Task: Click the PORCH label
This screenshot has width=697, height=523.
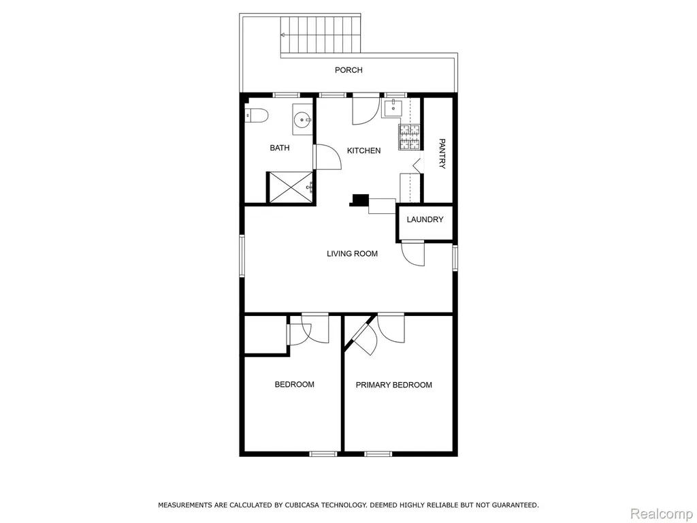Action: pos(348,70)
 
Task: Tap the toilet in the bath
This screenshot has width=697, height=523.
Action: pos(257,116)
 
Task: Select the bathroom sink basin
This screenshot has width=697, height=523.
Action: pos(303,119)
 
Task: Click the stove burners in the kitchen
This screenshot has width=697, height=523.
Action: pos(409,137)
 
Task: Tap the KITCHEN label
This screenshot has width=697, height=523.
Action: pos(363,150)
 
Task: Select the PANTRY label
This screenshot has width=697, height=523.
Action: pos(442,154)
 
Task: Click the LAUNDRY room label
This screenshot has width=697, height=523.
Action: pos(425,219)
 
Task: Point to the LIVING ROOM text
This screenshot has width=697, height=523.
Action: pos(352,253)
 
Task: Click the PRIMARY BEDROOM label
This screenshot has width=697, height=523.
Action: pos(394,385)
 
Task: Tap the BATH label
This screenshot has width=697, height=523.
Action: pos(280,148)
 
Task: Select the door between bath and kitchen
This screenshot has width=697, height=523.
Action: pos(327,157)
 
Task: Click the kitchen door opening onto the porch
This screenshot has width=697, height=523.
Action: pos(366,110)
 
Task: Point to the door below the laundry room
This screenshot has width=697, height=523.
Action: pos(413,253)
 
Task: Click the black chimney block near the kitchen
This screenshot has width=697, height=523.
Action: pos(359,200)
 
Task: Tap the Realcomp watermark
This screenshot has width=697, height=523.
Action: pos(661,513)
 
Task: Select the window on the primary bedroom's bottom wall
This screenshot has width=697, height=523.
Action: pos(378,454)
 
